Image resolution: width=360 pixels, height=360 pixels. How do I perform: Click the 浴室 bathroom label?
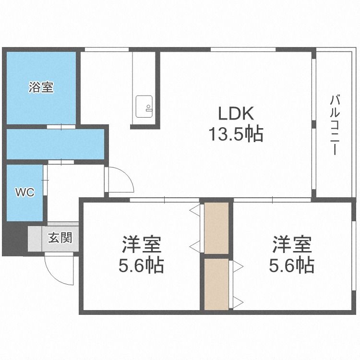(41, 88)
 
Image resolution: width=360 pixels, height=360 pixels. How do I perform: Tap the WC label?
(24, 192)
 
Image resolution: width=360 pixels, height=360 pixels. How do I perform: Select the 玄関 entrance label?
(60, 237)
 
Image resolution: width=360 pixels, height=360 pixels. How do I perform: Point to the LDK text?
(235, 114)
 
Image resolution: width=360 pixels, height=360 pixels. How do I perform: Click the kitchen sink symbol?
(144, 106)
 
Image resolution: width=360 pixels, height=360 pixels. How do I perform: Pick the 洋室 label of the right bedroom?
(292, 245)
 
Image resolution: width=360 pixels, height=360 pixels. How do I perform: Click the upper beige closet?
(216, 228)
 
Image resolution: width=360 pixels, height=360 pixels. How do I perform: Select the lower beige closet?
(216, 284)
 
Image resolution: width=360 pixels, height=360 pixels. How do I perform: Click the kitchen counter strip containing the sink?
(144, 89)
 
